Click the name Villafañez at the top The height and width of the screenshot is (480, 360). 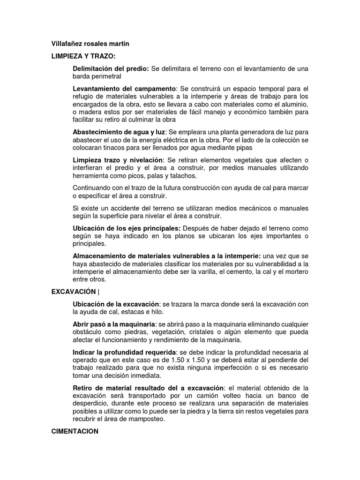[x=67, y=44]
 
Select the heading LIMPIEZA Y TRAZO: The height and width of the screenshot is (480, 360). [x=83, y=56]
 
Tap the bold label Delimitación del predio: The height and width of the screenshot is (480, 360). [x=111, y=69]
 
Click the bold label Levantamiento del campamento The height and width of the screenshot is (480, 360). [x=124, y=89]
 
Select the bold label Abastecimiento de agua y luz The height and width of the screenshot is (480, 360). [x=120, y=132]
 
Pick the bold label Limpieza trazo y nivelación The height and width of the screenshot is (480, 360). [x=118, y=160]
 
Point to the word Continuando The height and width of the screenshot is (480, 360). [x=91, y=188]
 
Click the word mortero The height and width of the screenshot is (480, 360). [x=297, y=271]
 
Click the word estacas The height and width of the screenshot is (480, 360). [x=140, y=312]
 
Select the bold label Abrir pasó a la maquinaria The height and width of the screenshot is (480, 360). [x=114, y=324]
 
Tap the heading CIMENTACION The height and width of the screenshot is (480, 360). [x=75, y=431]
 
